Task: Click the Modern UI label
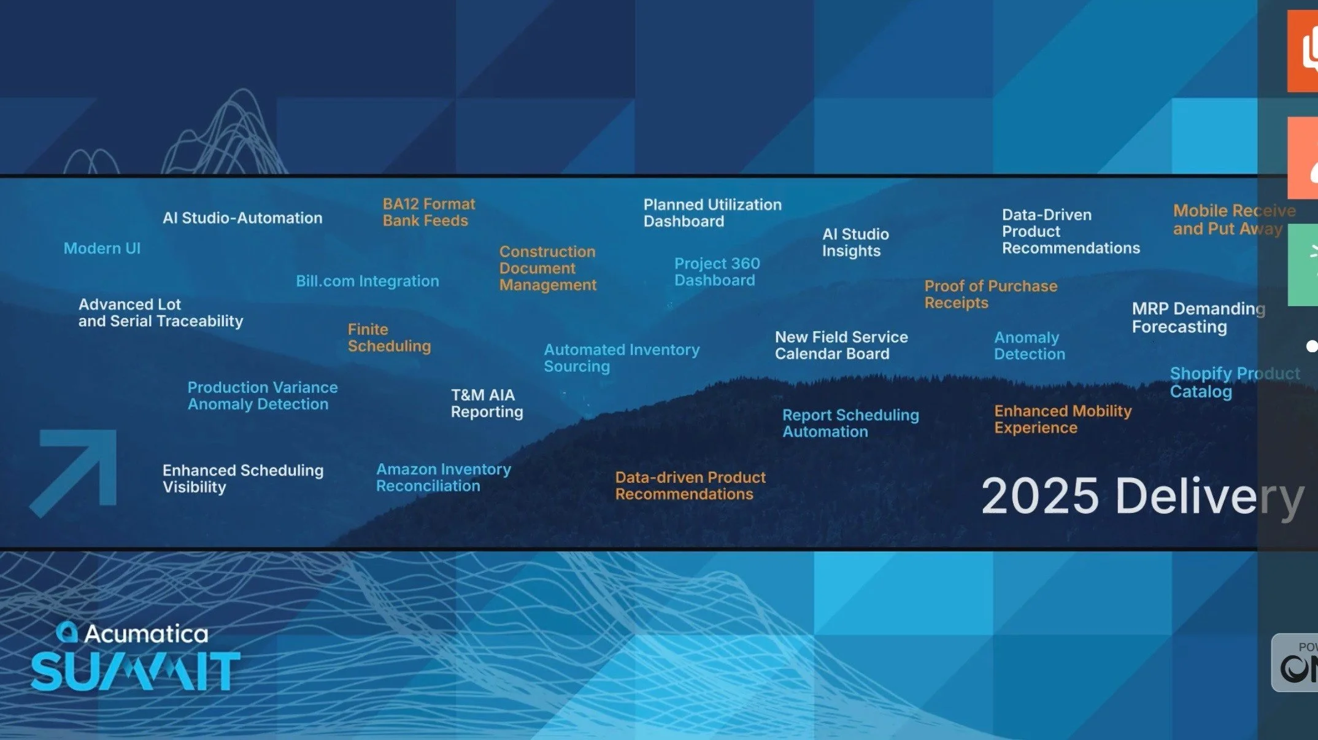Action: point(102,249)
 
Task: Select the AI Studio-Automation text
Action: point(242,218)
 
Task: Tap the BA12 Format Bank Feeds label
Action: point(428,212)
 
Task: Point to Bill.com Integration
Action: point(367,281)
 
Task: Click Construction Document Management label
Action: point(547,268)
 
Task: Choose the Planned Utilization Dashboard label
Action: point(712,213)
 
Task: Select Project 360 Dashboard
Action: point(717,272)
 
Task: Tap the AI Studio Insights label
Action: point(855,242)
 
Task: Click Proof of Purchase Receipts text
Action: point(990,295)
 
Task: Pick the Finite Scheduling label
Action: point(389,337)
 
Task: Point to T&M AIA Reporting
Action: point(487,403)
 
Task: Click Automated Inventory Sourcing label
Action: point(621,358)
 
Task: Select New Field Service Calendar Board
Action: point(841,345)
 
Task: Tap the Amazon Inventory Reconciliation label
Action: point(443,477)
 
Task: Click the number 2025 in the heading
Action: point(1039,496)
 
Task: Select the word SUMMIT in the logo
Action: point(135,671)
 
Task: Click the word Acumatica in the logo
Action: point(146,633)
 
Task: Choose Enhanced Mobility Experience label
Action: point(1062,419)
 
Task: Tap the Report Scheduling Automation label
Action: point(850,423)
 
